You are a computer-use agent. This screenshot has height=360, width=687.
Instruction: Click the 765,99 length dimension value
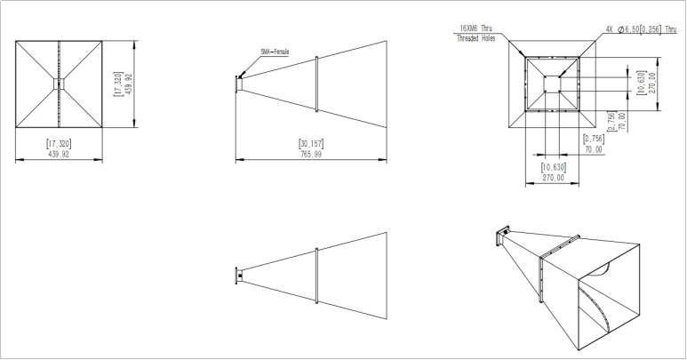point(311,154)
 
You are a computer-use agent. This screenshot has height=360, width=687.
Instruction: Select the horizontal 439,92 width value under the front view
point(59,154)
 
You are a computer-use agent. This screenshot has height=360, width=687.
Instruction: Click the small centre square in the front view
point(59,84)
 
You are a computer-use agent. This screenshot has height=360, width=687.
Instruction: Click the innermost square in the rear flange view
point(553,84)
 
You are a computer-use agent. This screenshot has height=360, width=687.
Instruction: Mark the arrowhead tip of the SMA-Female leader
point(241,76)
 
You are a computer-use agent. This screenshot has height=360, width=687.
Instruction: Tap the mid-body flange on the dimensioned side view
point(317,85)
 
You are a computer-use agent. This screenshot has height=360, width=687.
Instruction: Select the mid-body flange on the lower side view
point(317,276)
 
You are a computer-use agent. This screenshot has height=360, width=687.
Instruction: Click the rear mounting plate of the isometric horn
point(499,237)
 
